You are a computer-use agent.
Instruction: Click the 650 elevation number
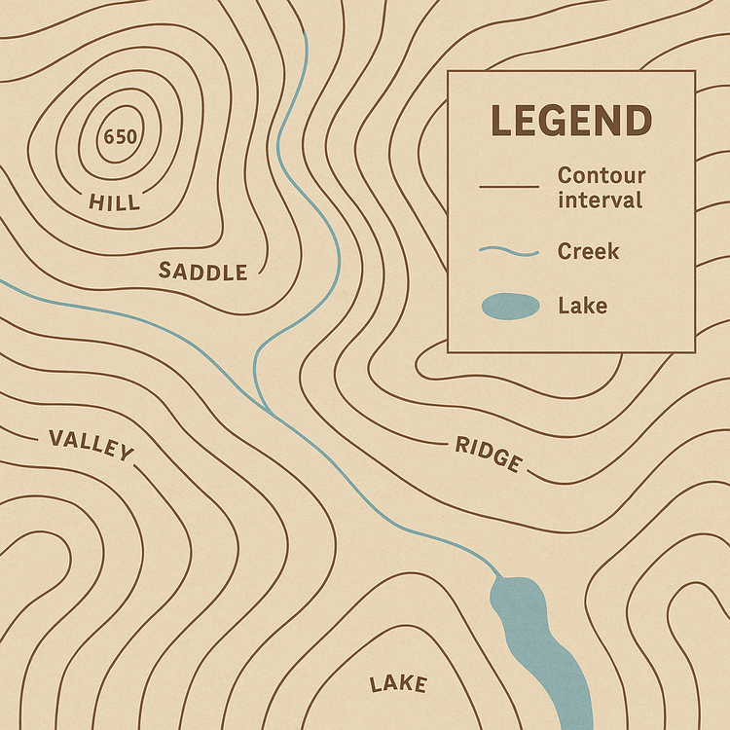pos(120,136)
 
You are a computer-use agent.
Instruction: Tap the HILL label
pos(114,202)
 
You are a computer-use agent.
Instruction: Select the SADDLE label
pos(202,272)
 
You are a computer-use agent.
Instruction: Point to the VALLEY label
pos(91,444)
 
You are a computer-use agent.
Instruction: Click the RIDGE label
pos(489,454)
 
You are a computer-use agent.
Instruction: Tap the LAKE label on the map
pos(398,684)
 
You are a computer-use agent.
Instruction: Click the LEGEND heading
pos(570,122)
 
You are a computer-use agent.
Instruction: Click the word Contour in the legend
pos(601,176)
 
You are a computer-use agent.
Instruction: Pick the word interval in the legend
pos(600,201)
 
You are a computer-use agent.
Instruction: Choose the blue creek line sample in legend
pos(508,252)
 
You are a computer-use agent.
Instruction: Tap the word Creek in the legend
pos(588,251)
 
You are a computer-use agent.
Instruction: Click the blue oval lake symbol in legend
pos(509,307)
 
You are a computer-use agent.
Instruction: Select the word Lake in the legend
pos(582,306)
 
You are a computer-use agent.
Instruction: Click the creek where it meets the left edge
pos(2,281)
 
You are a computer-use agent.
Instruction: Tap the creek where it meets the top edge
pos(306,34)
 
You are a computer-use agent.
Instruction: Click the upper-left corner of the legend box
pos(448,71)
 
